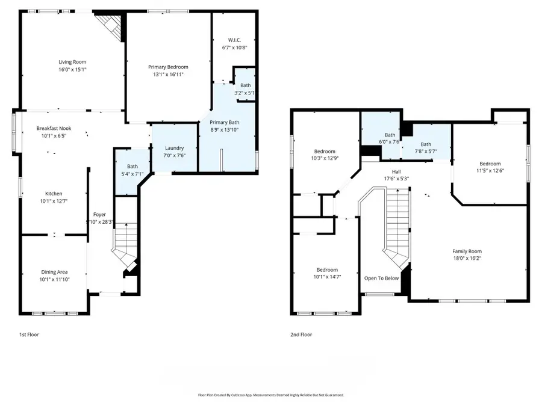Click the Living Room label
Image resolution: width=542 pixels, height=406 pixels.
pos(72,62)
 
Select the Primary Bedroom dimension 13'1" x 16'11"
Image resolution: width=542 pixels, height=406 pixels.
pos(169,75)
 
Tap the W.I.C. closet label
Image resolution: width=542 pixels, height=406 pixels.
pos(234,40)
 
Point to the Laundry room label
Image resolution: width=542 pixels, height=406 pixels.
pos(174,148)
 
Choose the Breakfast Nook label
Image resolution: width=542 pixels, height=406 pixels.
pos(54,129)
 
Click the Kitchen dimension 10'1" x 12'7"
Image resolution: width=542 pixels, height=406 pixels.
pos(54,201)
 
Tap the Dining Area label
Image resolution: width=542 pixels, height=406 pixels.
pos(54,272)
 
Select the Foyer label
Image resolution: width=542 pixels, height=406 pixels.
pos(99,215)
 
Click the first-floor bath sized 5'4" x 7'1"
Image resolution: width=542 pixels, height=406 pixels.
pos(132,171)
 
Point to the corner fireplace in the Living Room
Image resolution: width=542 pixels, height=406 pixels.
pos(111,25)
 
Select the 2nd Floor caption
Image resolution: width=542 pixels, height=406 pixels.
pos(301,334)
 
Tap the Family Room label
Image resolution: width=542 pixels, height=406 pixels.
pos(467,251)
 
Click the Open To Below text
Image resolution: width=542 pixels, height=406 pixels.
pos(382,278)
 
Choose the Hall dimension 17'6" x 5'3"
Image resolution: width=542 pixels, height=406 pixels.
pos(396,178)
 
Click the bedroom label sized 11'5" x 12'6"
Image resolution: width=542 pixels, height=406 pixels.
pos(490,164)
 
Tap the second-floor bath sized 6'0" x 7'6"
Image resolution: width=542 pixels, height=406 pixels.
pos(390,138)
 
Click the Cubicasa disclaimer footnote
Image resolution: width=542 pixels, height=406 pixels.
pos(270,395)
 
